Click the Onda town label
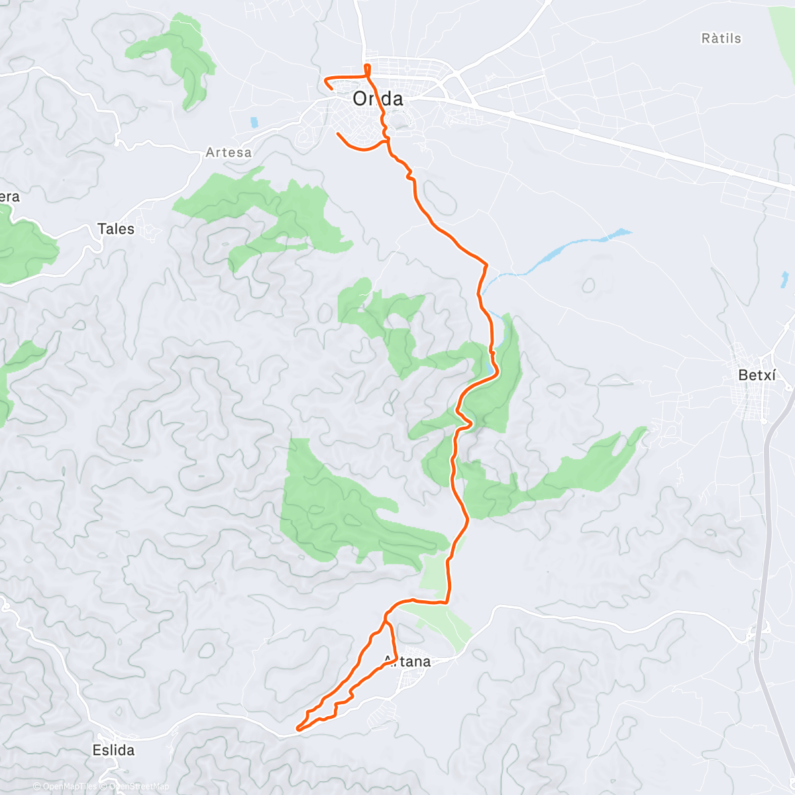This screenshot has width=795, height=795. tap(378, 99)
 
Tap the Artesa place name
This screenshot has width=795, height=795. tap(229, 152)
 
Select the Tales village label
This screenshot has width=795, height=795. tap(116, 229)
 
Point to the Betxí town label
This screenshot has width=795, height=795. tap(757, 375)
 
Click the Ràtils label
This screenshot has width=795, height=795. tap(721, 38)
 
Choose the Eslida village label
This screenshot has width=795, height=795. tap(113, 750)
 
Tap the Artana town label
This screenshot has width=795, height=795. tap(407, 661)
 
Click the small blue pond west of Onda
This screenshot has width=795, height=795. tap(254, 123)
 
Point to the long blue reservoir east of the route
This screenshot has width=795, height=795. tap(576, 249)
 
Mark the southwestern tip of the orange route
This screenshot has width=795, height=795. tap(297, 729)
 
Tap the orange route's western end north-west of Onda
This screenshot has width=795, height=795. tap(325, 80)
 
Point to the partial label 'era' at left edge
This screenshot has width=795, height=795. tap(9, 197)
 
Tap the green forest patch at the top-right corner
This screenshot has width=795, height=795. tap(783, 26)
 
